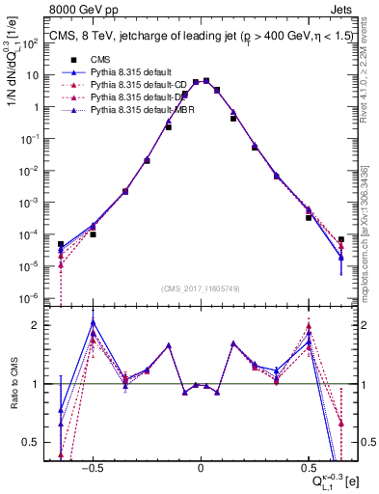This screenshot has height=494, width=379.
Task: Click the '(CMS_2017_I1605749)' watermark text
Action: tap(201, 288)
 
